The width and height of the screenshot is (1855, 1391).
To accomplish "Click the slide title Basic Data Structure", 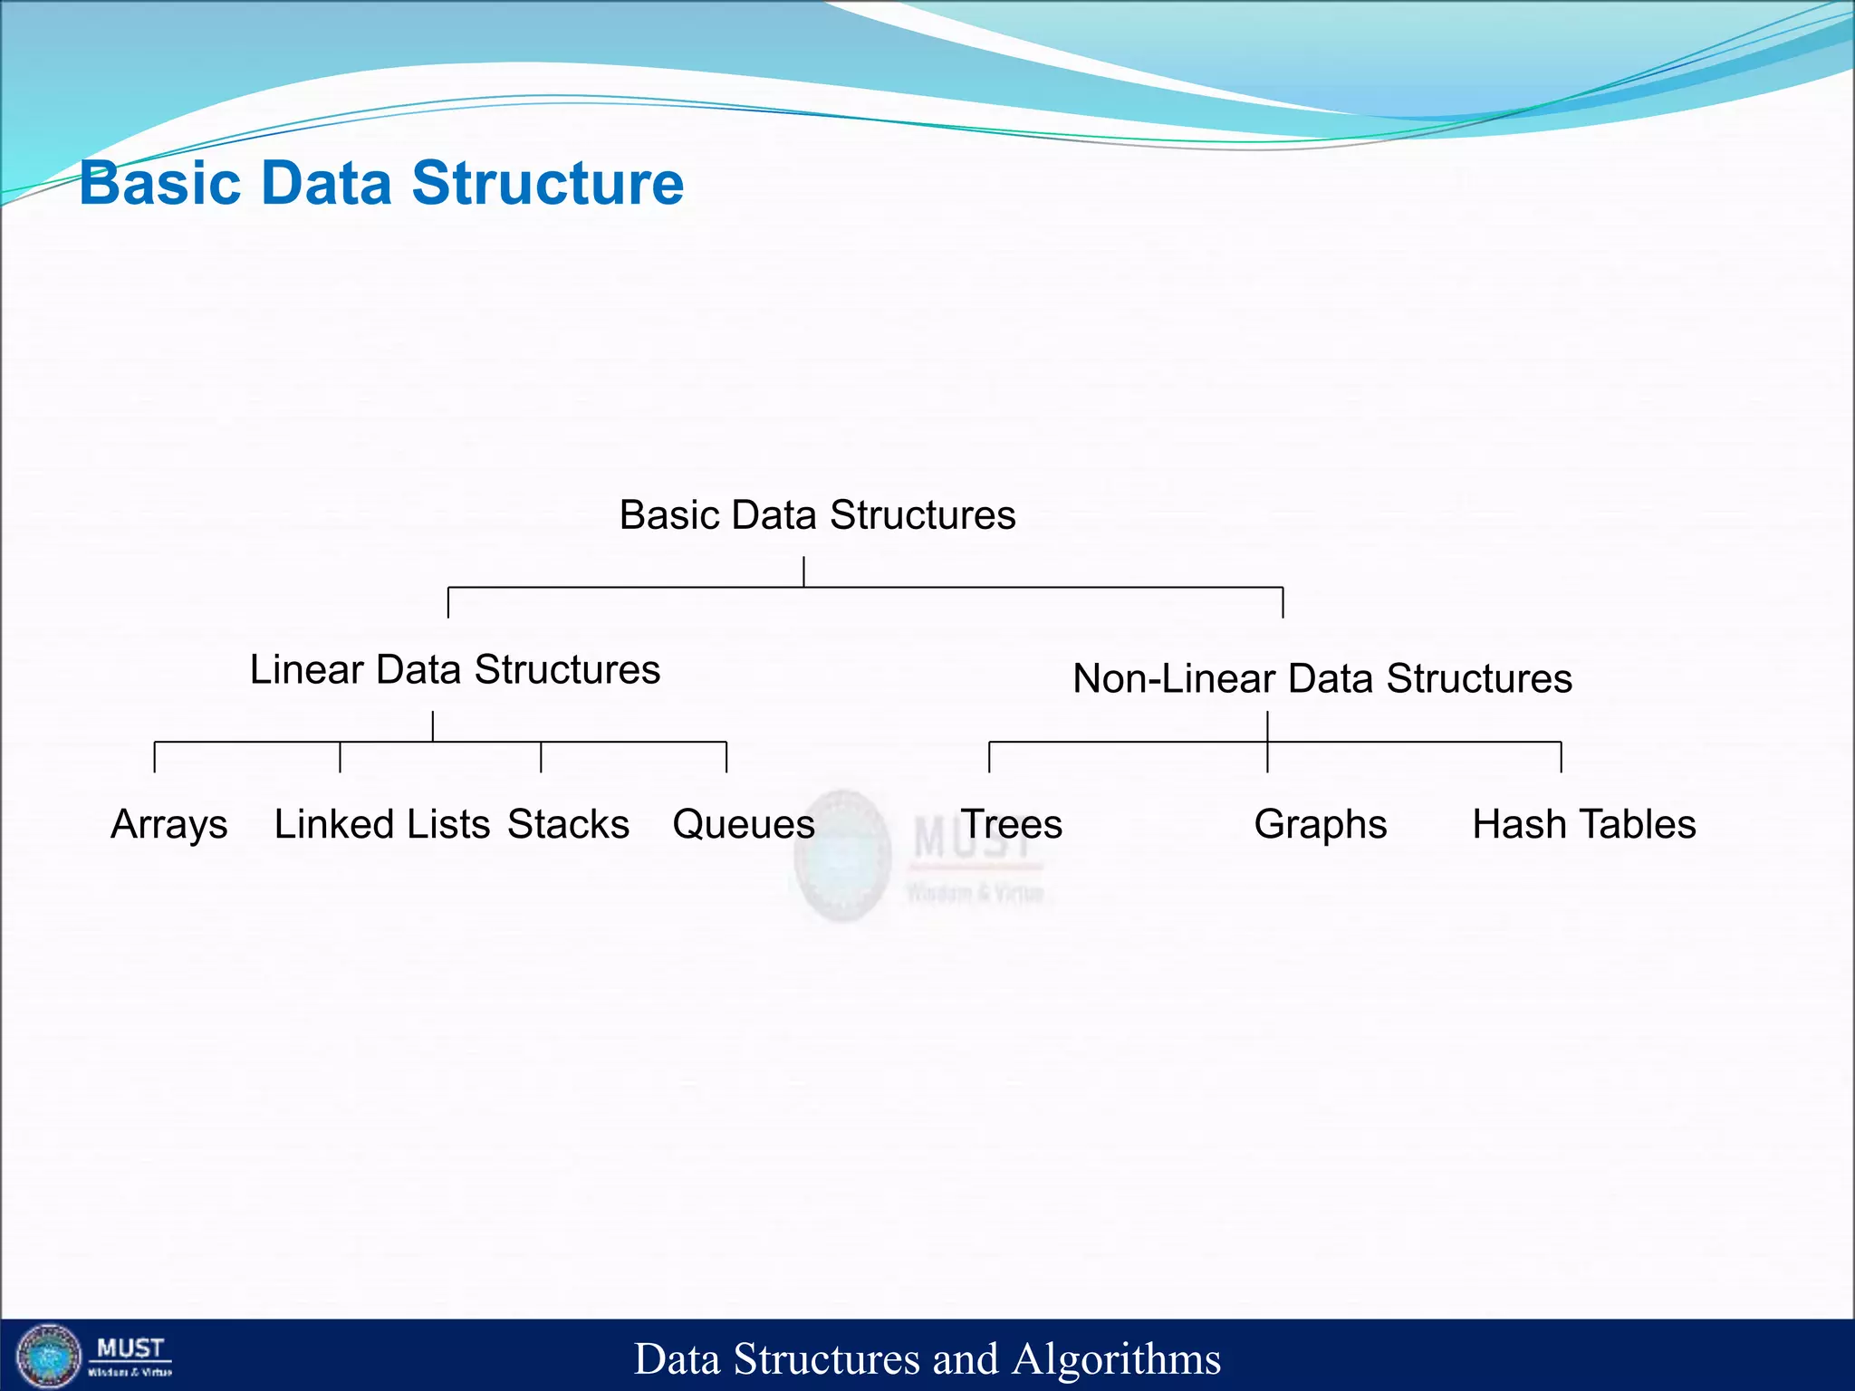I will click(x=381, y=183).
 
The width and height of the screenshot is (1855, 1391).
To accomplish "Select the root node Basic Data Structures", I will click(x=817, y=515).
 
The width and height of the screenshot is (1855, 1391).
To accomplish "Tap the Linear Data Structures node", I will click(x=455, y=670).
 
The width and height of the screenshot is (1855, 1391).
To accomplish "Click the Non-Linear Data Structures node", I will click(x=1322, y=679).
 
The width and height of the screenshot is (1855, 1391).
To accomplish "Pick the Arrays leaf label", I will click(x=168, y=825).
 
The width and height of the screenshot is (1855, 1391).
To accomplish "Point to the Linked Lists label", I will click(x=381, y=825).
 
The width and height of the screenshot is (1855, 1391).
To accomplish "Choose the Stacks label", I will click(x=568, y=825).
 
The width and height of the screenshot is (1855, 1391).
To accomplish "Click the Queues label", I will click(x=743, y=825).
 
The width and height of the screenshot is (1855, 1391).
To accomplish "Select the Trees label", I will click(x=1012, y=825).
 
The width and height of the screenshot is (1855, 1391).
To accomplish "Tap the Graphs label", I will click(x=1320, y=825).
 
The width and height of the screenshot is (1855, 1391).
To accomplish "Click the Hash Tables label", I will click(x=1583, y=825).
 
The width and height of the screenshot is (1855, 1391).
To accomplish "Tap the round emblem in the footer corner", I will click(x=49, y=1357).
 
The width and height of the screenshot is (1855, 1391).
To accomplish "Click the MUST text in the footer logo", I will click(x=130, y=1348).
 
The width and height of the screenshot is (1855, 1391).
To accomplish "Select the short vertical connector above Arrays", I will click(x=155, y=757).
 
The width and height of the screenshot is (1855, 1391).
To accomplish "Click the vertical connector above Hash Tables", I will click(x=1561, y=757).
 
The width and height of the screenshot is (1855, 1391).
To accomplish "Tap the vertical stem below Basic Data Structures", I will click(x=803, y=572).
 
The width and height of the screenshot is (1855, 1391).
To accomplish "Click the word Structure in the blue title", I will click(x=547, y=183).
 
